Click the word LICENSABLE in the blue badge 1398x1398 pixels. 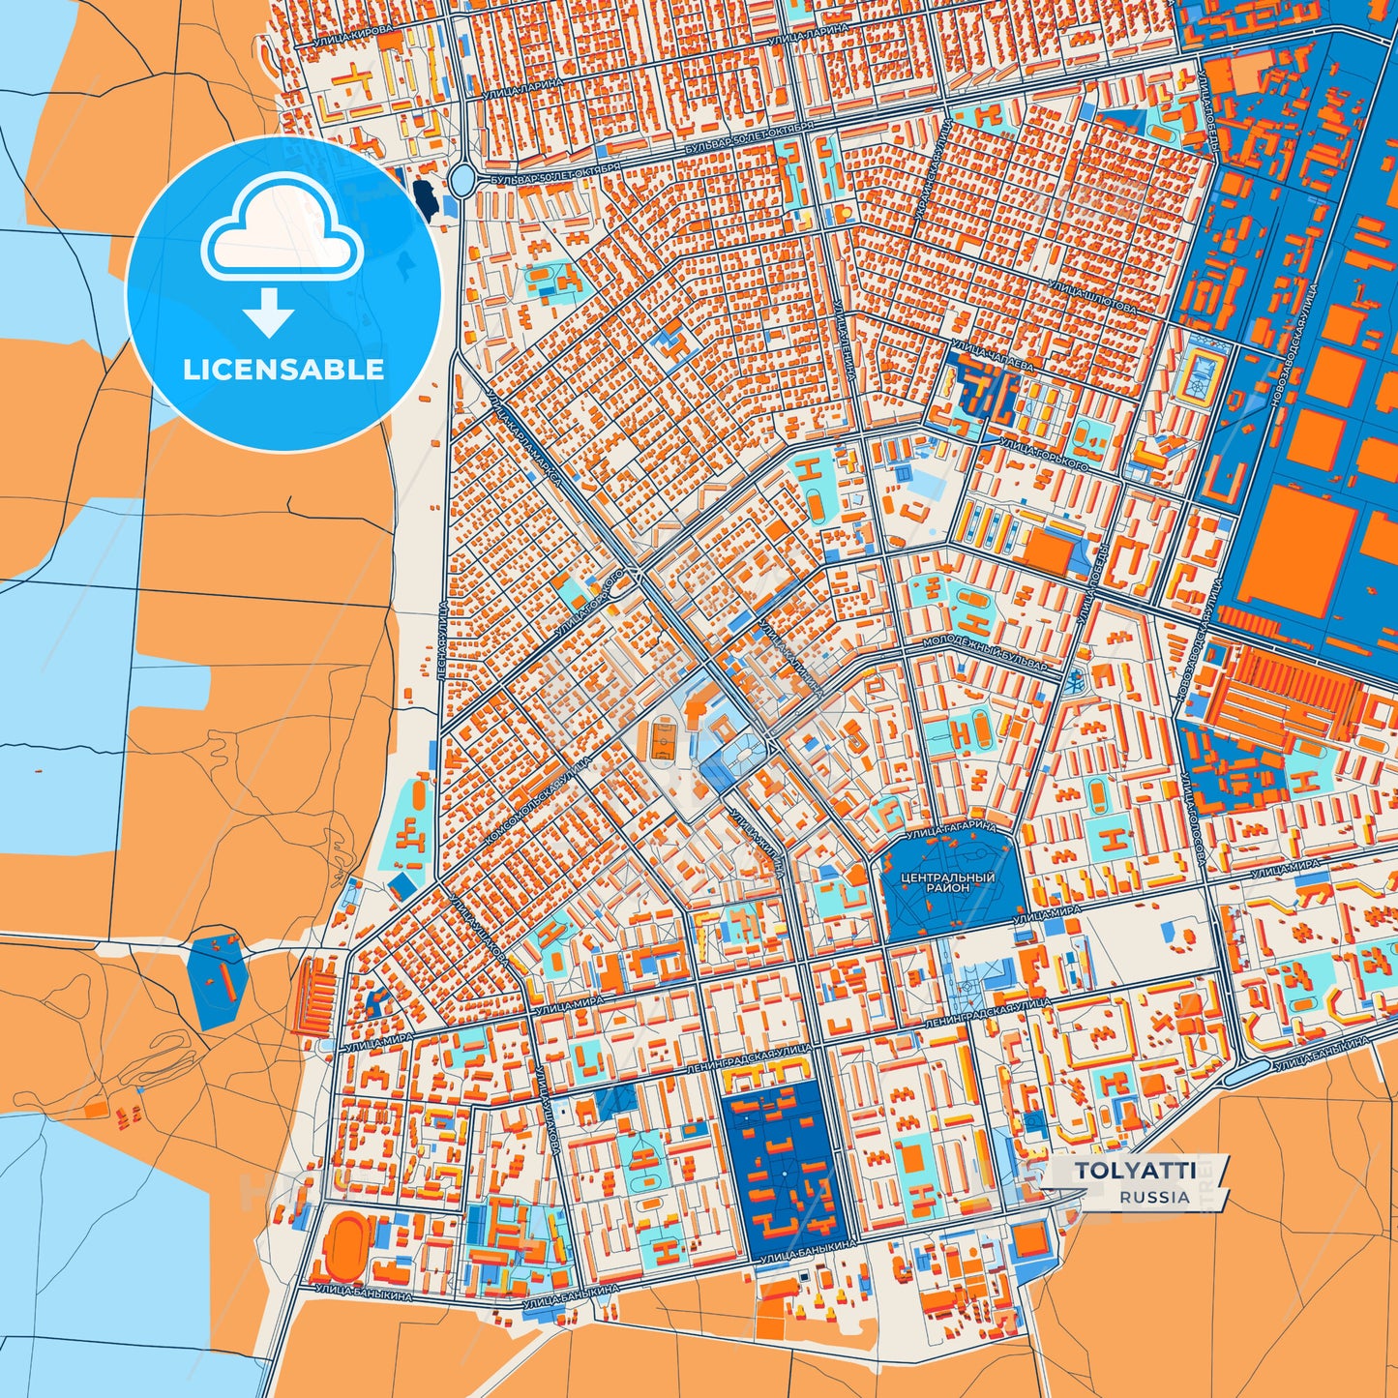(x=283, y=369)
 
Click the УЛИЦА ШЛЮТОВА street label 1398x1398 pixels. (x=1092, y=294)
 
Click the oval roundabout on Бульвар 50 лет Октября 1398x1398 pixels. (x=462, y=179)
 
